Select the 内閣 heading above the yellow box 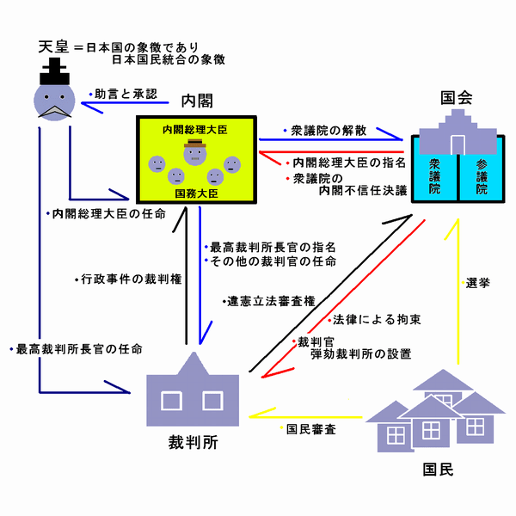point(197,101)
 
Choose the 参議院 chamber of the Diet point(480,175)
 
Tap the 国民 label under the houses point(437,470)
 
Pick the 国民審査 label point(310,427)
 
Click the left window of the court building point(172,400)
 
